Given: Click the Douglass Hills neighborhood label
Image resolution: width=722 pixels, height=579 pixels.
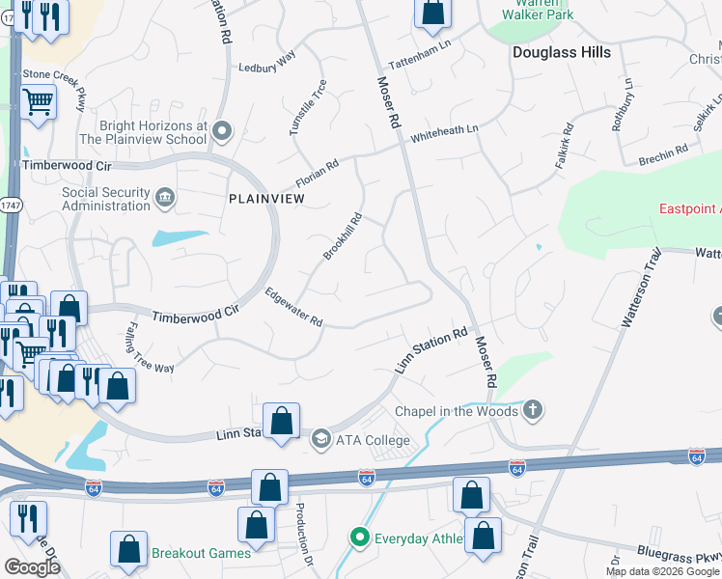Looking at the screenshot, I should coord(561,52).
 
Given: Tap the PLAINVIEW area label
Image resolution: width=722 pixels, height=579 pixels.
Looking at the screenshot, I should coord(266,198).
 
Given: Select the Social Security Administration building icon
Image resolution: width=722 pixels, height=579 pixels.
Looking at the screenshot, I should coord(165,199).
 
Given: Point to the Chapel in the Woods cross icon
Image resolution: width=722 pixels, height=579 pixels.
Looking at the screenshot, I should coord(532,411).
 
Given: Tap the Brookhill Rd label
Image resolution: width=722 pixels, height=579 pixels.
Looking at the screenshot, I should coord(343,236).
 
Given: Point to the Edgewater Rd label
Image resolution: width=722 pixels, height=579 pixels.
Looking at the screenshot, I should coord(293,309).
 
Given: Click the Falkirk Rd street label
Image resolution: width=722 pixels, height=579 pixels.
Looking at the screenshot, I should coord(565,147).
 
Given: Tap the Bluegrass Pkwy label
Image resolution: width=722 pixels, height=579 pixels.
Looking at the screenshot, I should coord(678,554).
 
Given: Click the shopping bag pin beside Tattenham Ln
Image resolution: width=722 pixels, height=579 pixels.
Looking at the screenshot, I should coord(433,14).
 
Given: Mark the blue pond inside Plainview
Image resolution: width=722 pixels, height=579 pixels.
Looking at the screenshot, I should coord(180,237).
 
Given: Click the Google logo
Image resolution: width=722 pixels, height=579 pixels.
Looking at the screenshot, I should coord(32,566).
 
